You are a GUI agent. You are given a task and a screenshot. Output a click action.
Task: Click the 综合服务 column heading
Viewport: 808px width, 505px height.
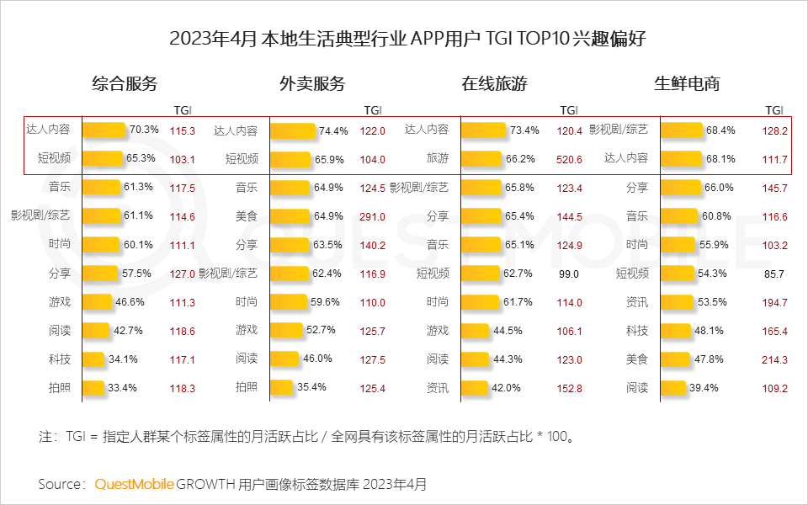point(125,84)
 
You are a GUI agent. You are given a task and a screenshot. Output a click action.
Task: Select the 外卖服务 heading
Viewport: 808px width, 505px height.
point(312,84)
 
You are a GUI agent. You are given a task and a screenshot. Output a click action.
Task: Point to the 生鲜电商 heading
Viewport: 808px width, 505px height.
point(687,84)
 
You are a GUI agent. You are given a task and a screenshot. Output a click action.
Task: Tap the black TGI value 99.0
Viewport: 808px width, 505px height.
point(569,274)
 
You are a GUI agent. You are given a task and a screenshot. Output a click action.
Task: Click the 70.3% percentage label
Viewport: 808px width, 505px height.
point(144,130)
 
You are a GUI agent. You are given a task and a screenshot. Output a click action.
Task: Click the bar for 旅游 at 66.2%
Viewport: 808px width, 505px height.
point(482,159)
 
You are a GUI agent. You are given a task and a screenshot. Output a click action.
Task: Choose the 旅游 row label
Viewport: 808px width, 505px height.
point(438,158)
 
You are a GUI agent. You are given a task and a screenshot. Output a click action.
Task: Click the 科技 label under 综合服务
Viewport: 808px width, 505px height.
point(60,359)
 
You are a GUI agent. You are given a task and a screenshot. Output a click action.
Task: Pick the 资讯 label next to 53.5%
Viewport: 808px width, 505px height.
point(637,302)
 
